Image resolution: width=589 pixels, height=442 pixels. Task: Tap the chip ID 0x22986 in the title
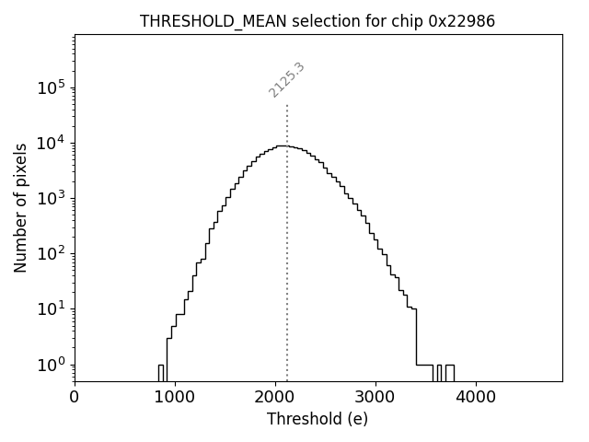click(x=461, y=21)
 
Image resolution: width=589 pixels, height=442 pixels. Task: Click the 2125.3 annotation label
click(x=287, y=80)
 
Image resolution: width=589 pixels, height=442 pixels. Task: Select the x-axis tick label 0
click(x=75, y=398)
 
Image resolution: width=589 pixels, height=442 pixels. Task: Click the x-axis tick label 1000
click(x=175, y=398)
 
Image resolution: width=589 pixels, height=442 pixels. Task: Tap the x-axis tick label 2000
click(x=275, y=398)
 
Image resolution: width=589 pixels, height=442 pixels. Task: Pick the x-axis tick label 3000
click(x=375, y=398)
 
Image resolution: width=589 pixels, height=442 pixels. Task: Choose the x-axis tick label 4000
click(x=476, y=398)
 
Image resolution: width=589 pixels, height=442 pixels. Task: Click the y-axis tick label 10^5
click(x=52, y=88)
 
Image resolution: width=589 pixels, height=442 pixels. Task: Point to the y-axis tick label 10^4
click(x=52, y=144)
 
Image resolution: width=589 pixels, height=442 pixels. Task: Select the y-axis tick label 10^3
click(x=52, y=199)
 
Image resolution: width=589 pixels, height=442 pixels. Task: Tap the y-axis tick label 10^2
click(x=52, y=254)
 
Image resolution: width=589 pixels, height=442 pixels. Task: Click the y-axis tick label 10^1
click(x=52, y=309)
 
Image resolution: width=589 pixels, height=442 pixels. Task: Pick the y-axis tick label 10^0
click(x=52, y=365)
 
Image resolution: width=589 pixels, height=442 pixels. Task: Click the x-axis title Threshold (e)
click(x=318, y=419)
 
